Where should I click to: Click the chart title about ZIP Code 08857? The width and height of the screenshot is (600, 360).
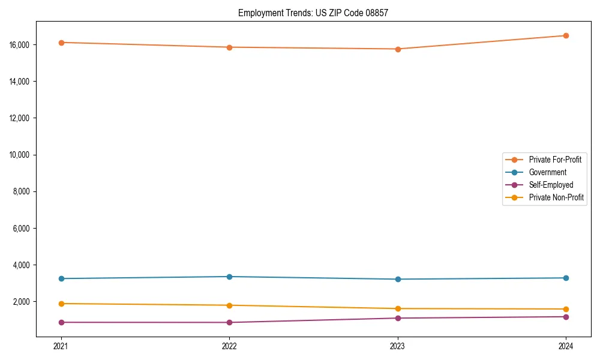pos(313,13)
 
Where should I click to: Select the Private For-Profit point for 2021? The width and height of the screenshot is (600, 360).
pos(61,43)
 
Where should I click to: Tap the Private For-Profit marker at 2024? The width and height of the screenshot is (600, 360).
pos(566,35)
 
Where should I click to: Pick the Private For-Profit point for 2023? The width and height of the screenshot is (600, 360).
pos(398,49)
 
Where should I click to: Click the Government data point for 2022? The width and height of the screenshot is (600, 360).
pos(229,277)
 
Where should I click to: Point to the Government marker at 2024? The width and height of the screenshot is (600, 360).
pos(566,278)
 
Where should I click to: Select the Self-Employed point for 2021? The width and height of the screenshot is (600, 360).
pos(61,322)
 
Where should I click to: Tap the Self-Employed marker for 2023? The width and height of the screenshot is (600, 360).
pos(398,318)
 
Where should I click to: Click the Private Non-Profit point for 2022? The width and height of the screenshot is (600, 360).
pos(229,305)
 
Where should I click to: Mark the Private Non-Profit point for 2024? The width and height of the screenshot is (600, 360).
pos(566,309)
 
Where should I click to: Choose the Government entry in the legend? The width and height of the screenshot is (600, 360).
pos(547,172)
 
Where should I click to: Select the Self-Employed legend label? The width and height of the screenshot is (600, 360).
pos(551,185)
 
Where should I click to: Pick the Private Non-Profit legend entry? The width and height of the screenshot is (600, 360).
pos(556,197)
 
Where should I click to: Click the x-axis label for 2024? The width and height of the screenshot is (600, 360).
pos(566,346)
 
